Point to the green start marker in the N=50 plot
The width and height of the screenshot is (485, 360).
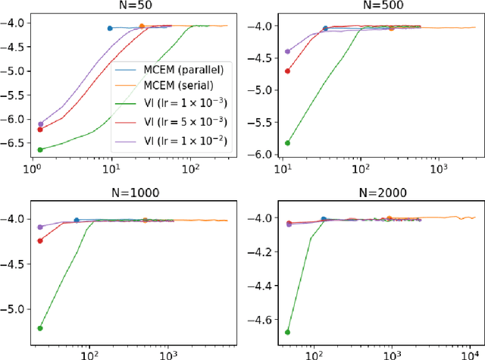coord(40,149)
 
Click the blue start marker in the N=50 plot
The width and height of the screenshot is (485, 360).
coord(110,28)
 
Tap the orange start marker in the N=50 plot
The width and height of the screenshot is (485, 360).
coord(142,26)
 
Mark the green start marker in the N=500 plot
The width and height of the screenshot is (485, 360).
coord(287,142)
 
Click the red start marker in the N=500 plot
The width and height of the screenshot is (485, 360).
coord(287,71)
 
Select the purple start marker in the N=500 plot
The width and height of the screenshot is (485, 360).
coord(287,52)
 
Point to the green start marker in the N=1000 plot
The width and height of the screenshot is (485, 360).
coord(40,328)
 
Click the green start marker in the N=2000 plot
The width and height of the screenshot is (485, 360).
coord(288,332)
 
